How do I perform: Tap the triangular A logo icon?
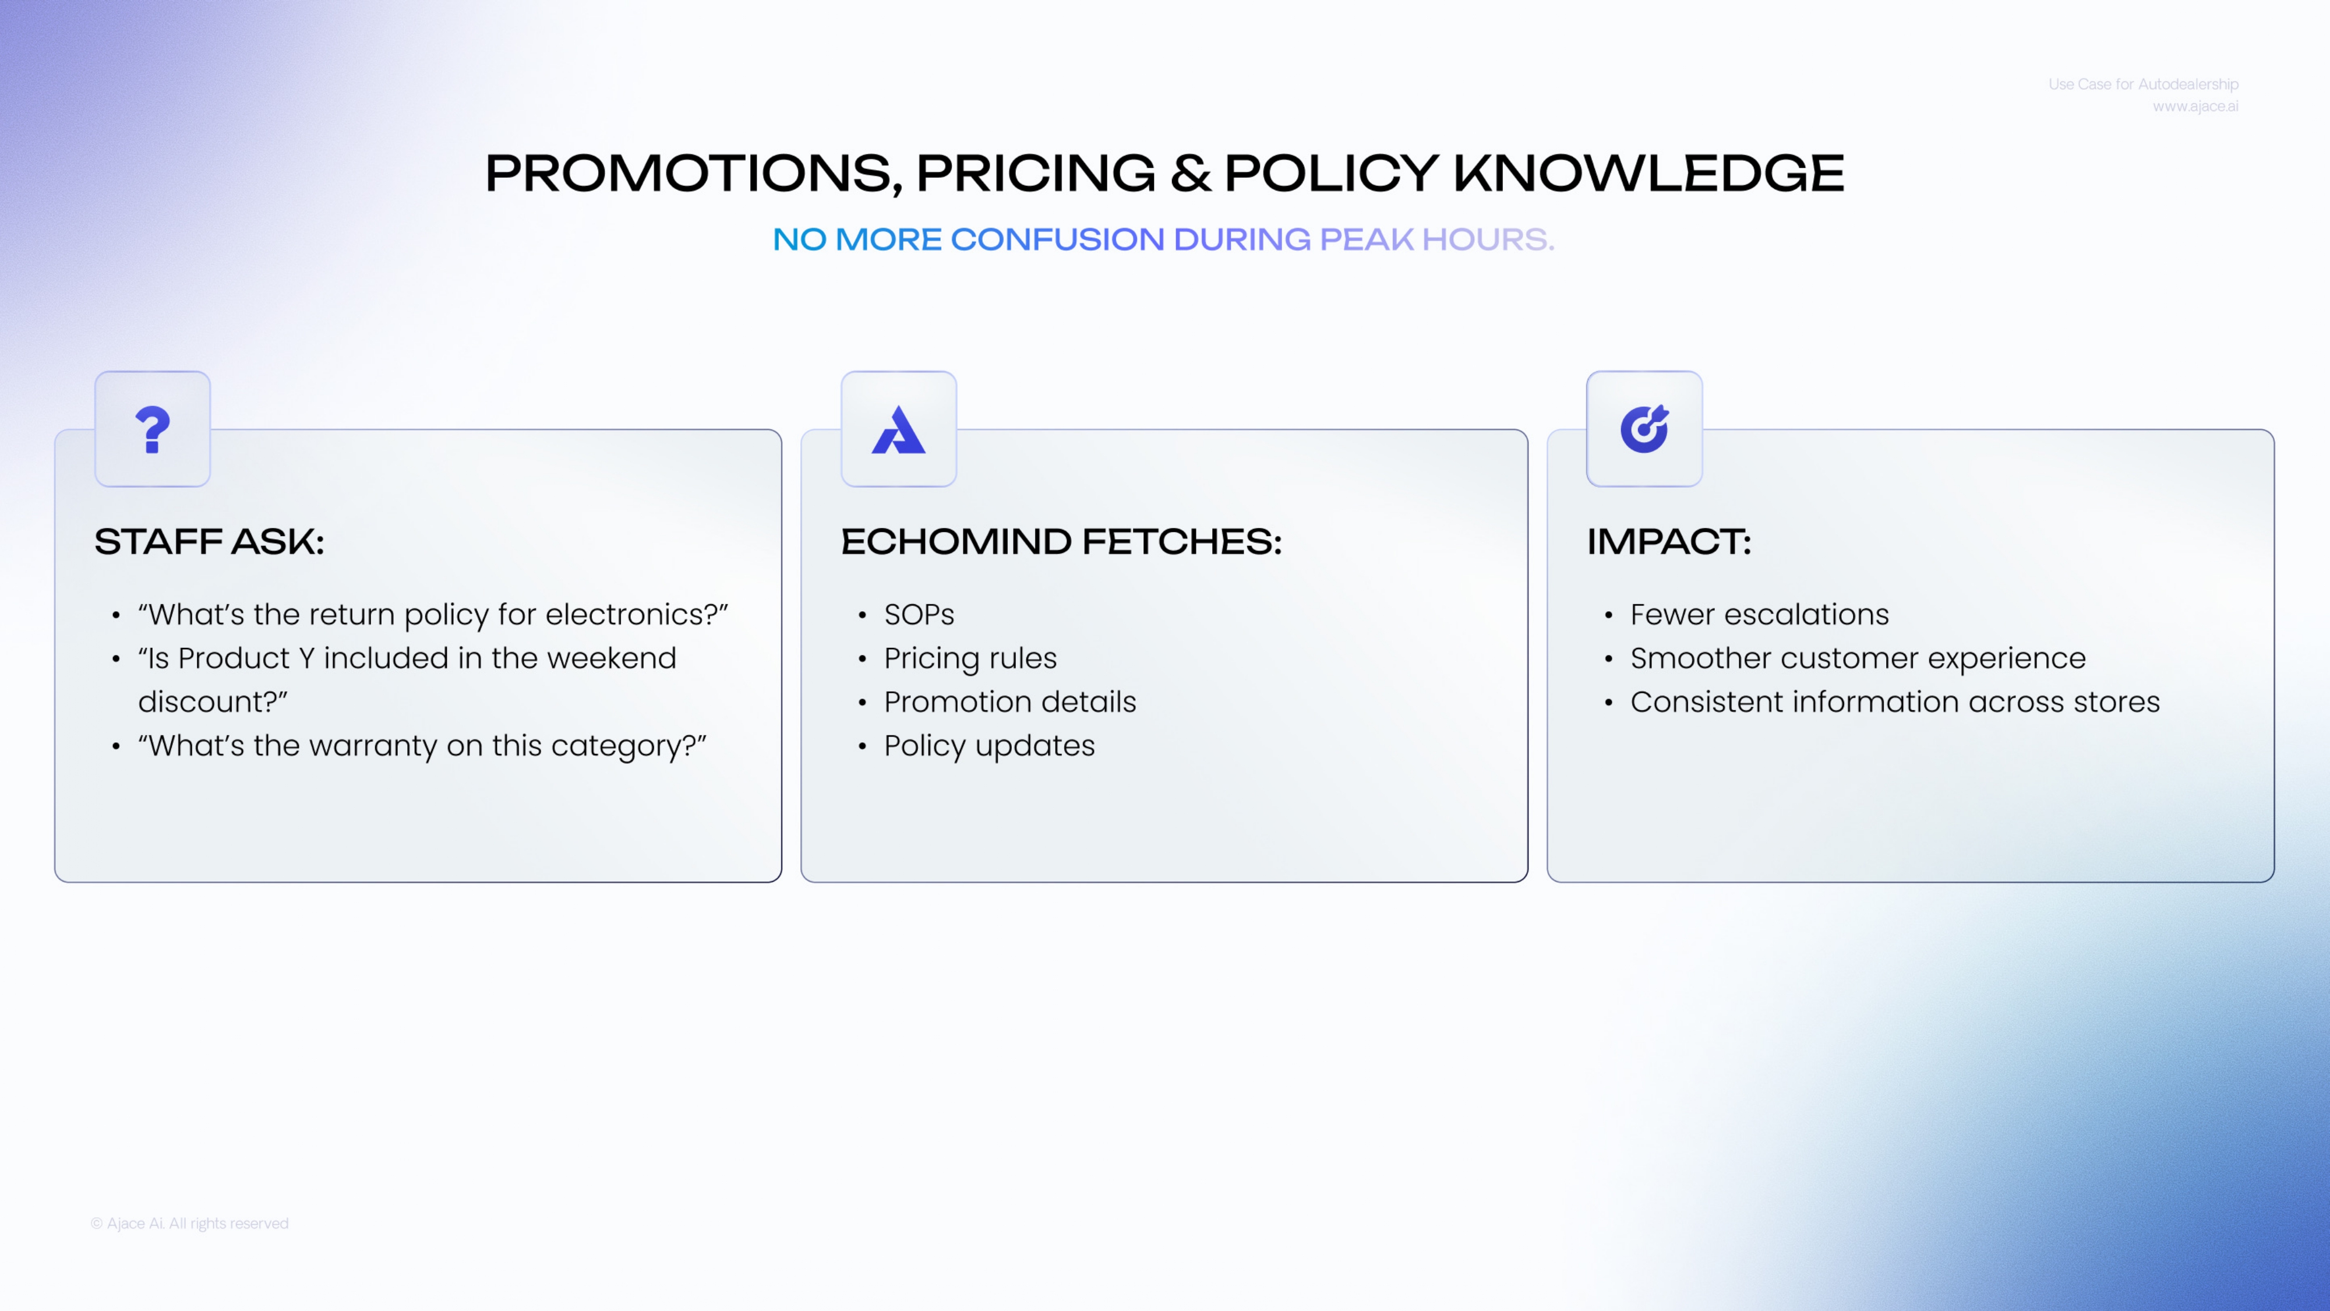pyautogui.click(x=898, y=430)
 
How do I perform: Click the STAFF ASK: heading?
pyautogui.click(x=209, y=541)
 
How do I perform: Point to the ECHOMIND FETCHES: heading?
pyautogui.click(x=1061, y=541)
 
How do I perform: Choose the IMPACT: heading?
pyautogui.click(x=1669, y=541)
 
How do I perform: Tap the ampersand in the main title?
pyautogui.click(x=1190, y=173)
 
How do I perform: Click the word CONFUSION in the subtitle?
pyautogui.click(x=1057, y=239)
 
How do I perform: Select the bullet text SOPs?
pyautogui.click(x=919, y=614)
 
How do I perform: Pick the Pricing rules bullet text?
pyautogui.click(x=970, y=658)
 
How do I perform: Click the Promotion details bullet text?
pyautogui.click(x=1010, y=702)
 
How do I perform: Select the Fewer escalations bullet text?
pyautogui.click(x=1759, y=614)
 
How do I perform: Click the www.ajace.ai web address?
pyautogui.click(x=2195, y=107)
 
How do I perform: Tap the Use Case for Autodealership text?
pyautogui.click(x=2144, y=84)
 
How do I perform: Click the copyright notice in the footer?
pyautogui.click(x=190, y=1223)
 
